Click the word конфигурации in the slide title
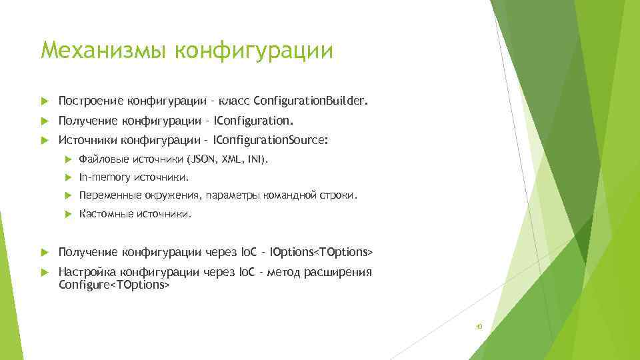click(x=253, y=50)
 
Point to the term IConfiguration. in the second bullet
click(x=253, y=121)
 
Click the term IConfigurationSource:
click(x=270, y=140)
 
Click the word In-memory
click(x=105, y=177)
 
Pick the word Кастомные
click(x=106, y=214)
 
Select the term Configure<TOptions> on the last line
click(x=114, y=285)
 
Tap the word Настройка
click(x=86, y=272)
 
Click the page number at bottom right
click(x=478, y=327)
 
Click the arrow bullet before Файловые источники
click(x=67, y=159)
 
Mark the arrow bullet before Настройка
click(x=45, y=273)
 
